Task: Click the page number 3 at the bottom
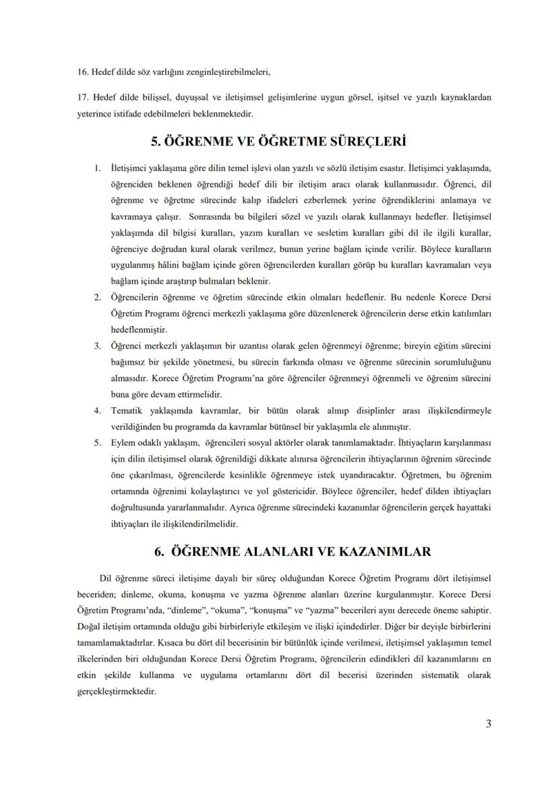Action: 488,724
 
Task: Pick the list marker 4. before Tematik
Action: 98,410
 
